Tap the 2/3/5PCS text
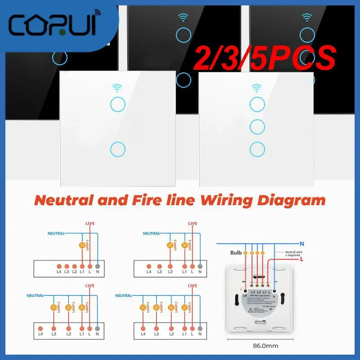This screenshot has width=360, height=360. click(x=265, y=60)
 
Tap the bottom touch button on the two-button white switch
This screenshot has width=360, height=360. click(x=117, y=148)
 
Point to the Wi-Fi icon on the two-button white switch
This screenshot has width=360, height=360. click(x=117, y=88)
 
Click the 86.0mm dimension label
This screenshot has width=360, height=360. click(x=266, y=347)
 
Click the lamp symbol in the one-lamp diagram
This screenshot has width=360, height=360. click(x=82, y=246)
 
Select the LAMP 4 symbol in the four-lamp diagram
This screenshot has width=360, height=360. click(x=144, y=307)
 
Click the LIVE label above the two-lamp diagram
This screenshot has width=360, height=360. click(x=193, y=224)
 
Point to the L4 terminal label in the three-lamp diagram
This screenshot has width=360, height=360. click(x=40, y=333)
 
